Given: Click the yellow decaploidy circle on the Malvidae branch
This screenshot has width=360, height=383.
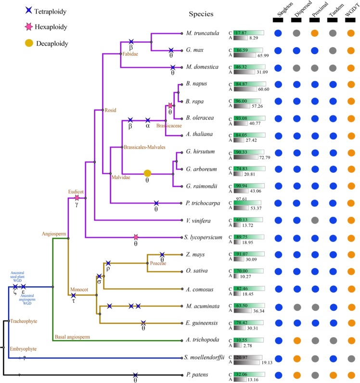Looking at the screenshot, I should pos(148,173).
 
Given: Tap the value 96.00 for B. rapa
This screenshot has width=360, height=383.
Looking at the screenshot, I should pos(242,101).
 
